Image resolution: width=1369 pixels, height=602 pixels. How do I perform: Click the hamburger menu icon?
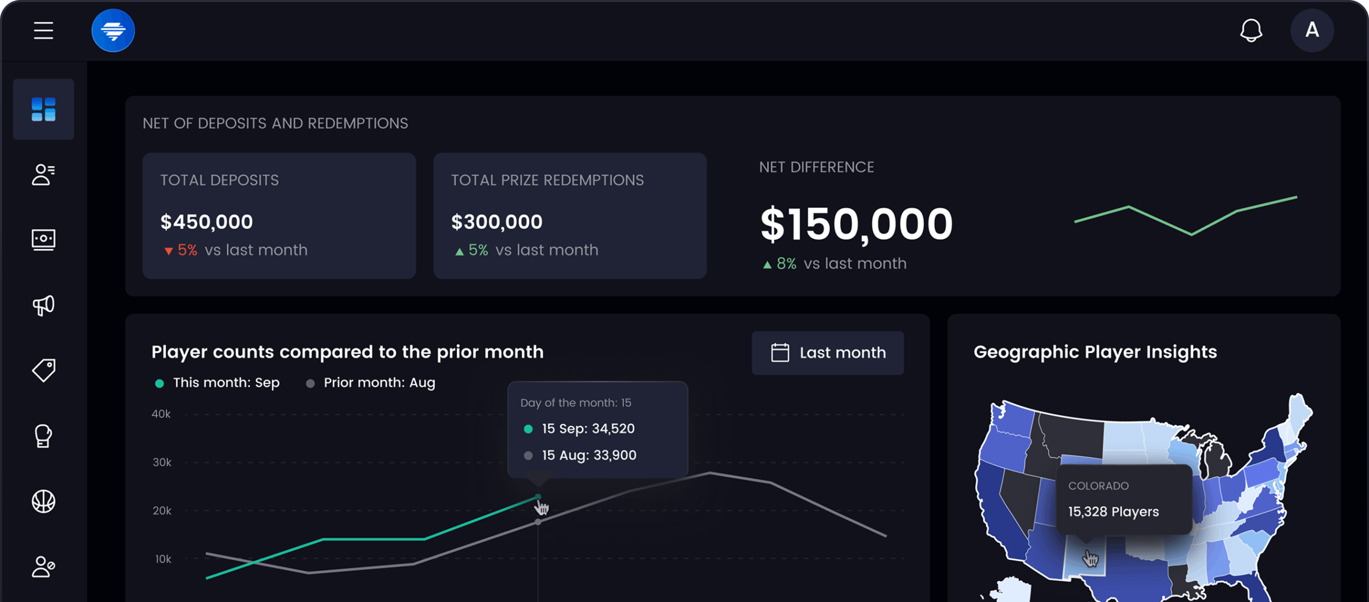point(43,30)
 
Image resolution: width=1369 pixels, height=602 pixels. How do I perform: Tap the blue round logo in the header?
point(113,30)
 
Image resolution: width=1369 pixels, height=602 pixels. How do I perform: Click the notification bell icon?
point(1251,30)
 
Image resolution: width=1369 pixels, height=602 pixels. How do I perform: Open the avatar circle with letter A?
point(1312,30)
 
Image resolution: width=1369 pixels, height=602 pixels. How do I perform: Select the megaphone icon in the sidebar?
point(43,305)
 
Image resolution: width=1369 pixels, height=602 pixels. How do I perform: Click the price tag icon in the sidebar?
point(43,370)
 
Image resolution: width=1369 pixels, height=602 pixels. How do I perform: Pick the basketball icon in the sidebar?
point(43,501)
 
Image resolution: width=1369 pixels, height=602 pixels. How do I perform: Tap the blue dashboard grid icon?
point(43,109)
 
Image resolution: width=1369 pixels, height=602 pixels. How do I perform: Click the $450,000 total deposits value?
point(206,222)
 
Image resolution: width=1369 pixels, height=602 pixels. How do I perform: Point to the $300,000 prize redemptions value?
point(497,222)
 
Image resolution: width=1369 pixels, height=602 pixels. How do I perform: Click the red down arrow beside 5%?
point(168,251)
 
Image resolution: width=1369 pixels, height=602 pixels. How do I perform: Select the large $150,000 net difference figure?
point(856,224)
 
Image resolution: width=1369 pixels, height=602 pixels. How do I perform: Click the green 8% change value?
point(786,264)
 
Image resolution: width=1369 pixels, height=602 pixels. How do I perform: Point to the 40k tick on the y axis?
point(161,414)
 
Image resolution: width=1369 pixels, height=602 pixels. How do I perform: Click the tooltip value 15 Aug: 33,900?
point(589,455)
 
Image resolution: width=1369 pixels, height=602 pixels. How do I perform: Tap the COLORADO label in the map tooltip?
point(1098,486)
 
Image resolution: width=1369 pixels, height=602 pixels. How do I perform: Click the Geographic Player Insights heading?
point(1095,352)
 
